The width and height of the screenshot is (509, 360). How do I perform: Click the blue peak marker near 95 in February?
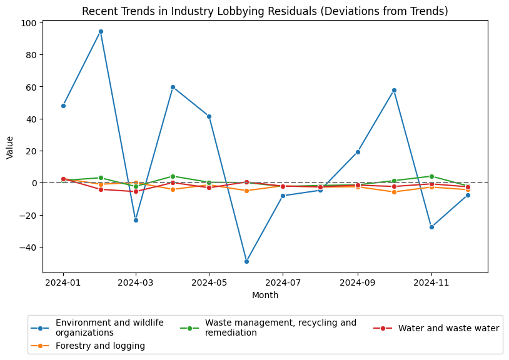pos(101,31)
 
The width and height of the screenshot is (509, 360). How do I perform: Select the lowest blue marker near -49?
pos(246,261)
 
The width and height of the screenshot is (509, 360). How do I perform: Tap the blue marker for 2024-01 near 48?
pos(63,106)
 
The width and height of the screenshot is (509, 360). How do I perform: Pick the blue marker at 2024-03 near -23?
pos(136,220)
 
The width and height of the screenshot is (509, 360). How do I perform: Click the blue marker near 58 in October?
pos(394,90)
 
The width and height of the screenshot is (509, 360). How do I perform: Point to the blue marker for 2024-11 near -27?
pos(431,227)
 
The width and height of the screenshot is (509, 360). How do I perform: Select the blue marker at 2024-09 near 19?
pos(358,152)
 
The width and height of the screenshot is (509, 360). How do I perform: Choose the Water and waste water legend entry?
pos(448,328)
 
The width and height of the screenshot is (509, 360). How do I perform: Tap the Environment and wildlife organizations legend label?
pos(109,327)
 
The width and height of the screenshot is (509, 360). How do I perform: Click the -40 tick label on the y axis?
pos(28,247)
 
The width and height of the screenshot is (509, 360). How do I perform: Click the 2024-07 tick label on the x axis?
pos(283,282)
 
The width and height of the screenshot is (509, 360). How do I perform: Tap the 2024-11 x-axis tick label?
pos(431,282)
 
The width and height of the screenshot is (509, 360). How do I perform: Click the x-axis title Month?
pos(265,295)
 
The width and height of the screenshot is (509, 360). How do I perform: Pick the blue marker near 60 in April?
pos(173,87)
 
